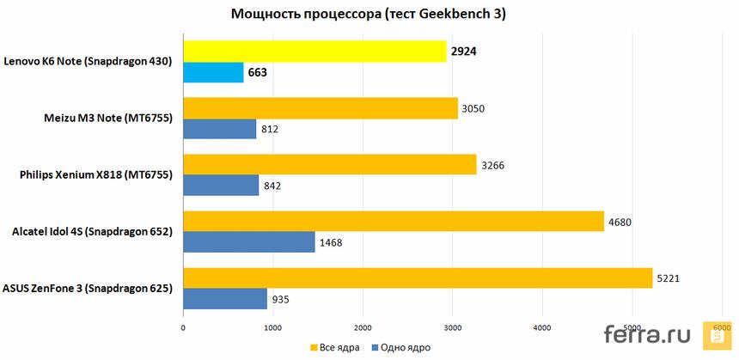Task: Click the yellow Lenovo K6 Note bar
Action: click(315, 51)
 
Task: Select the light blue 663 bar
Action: click(213, 72)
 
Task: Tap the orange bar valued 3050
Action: click(320, 107)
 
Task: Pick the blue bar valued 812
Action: click(219, 129)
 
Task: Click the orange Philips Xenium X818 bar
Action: click(329, 164)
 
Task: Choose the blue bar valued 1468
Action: click(248, 242)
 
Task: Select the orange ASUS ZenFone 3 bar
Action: click(418, 278)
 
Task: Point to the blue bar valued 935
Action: click(224, 299)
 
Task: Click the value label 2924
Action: click(462, 52)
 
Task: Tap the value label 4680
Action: click(620, 222)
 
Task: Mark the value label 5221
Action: click(668, 278)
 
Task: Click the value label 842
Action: click(272, 186)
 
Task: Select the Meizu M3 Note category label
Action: click(107, 119)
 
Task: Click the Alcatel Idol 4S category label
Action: click(92, 232)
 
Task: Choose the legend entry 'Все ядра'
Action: click(338, 347)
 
